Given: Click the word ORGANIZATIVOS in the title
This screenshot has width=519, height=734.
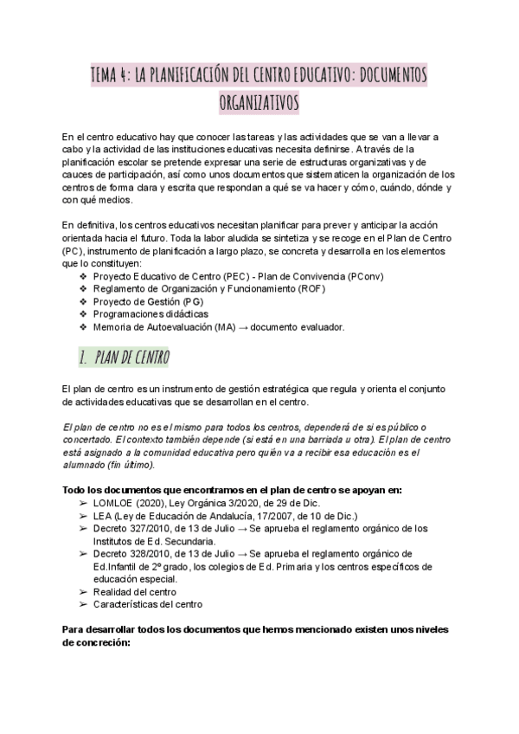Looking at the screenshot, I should [259, 102].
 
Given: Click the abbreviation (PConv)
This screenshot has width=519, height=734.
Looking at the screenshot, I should [365, 276].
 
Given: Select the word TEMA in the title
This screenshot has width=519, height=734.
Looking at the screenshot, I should [107, 75].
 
